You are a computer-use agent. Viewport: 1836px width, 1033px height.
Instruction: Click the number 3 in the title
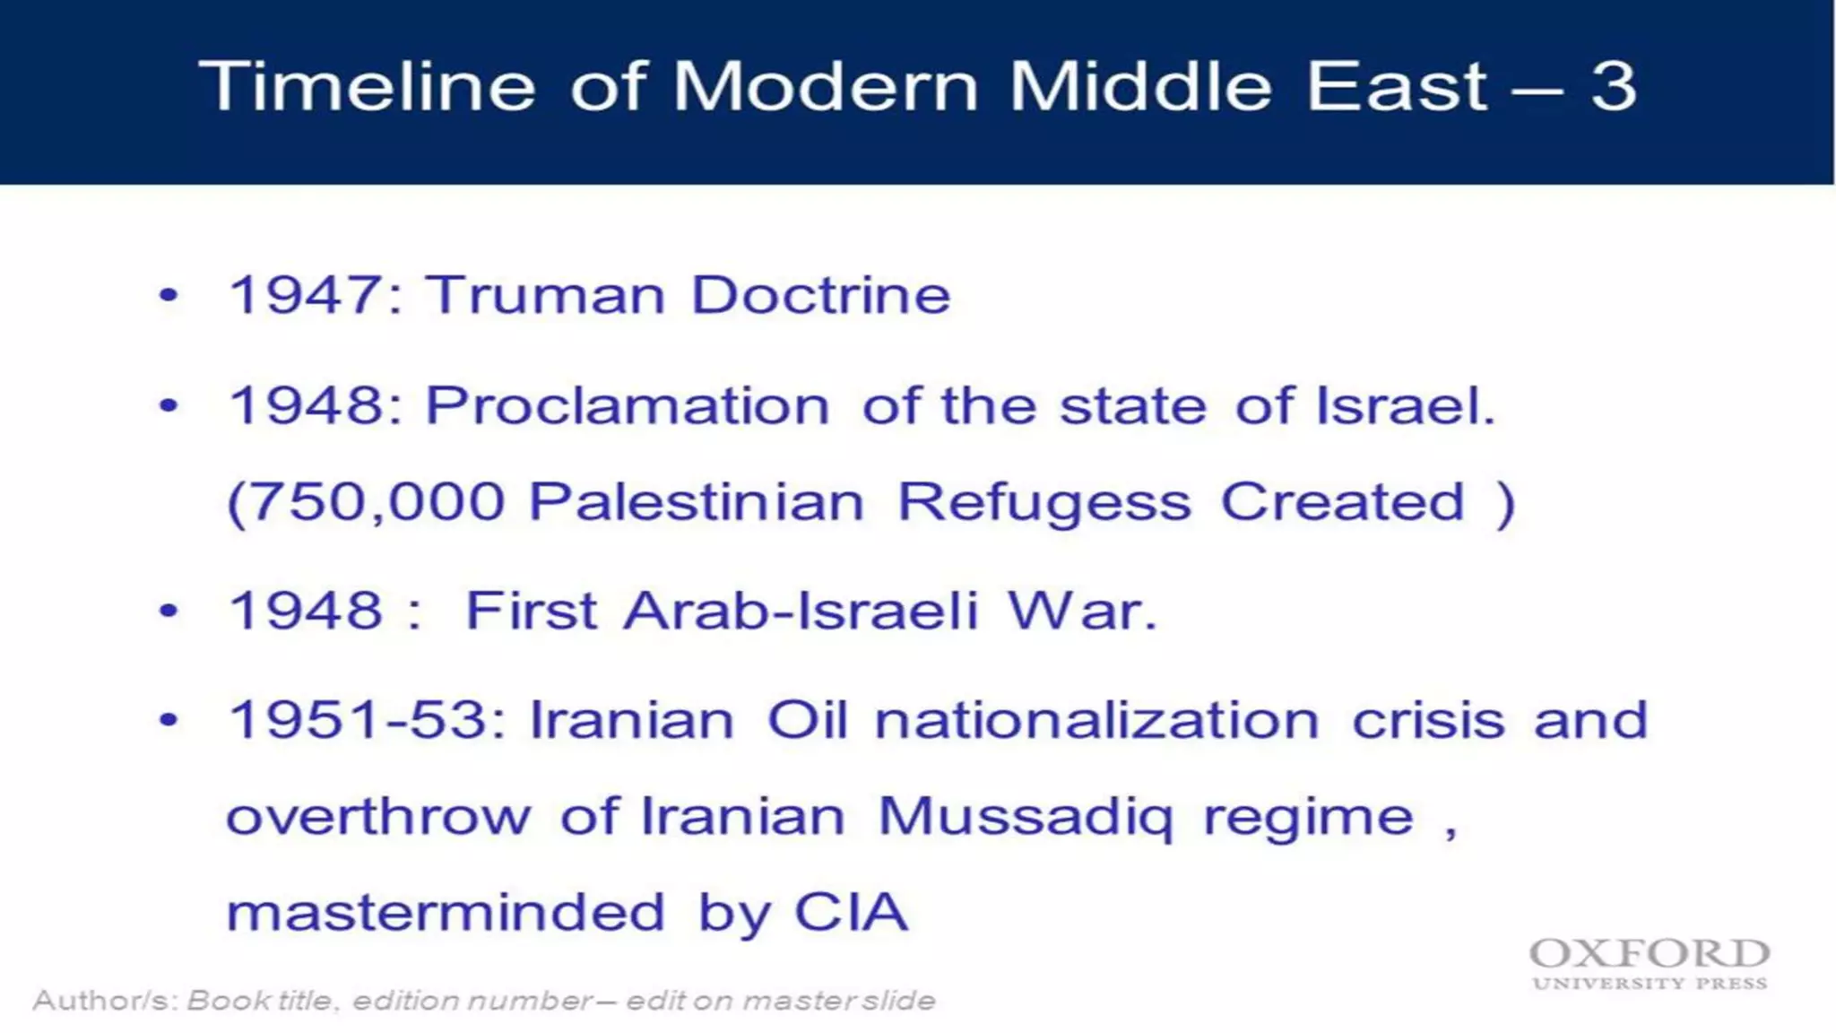coord(1614,87)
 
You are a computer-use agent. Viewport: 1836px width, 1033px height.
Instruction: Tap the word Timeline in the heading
coord(367,87)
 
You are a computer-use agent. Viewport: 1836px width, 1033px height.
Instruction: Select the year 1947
coord(306,295)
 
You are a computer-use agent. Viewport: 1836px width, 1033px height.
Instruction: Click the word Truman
coord(544,295)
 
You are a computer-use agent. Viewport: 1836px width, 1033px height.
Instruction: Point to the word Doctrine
coord(820,295)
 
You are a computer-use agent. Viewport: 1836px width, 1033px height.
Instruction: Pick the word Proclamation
coord(628,405)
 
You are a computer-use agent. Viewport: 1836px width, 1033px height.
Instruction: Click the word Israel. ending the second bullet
coord(1405,405)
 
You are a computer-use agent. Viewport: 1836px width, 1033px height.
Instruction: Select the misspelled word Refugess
coord(1044,503)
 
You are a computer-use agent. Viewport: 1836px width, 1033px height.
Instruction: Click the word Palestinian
coord(697,501)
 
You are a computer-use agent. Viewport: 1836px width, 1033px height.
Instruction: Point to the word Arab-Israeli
coord(800,612)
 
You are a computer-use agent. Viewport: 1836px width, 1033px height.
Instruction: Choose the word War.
coord(1082,612)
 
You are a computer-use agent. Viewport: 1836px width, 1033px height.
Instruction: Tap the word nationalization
coord(1096,720)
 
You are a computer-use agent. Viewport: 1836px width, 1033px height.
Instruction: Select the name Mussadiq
coord(1025,818)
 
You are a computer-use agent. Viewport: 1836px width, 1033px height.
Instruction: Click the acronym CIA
coord(852,913)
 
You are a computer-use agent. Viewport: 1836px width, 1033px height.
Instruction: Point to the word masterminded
coord(446,913)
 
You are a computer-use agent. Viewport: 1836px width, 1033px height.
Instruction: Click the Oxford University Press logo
coord(1650,964)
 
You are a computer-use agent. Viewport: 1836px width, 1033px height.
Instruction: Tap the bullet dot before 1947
coord(169,295)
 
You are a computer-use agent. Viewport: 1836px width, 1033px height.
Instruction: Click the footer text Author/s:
coord(106,1000)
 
